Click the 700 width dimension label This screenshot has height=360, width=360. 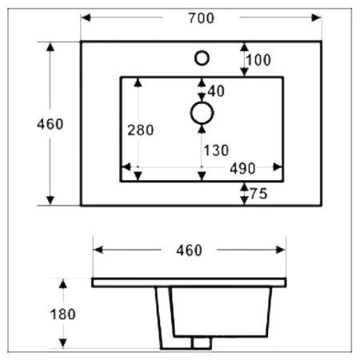[201, 18]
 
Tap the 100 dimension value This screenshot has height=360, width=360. [258, 60]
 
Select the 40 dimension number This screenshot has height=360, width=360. [216, 91]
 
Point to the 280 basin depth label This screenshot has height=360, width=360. [141, 130]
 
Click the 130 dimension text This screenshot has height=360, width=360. [216, 150]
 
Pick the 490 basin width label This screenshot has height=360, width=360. [242, 169]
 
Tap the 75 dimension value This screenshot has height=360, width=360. [258, 194]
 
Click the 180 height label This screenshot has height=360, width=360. [63, 314]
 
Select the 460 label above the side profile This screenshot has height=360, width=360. [189, 250]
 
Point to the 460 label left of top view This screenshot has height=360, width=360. [50, 124]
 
